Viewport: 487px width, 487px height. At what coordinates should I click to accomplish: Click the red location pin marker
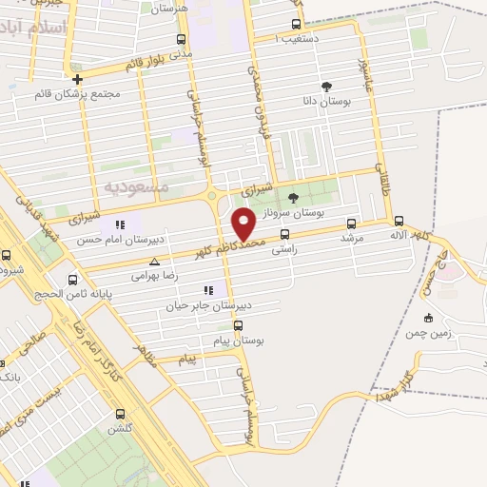pyautogui.click(x=243, y=223)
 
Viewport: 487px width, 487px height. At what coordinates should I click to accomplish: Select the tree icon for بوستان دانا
pyautogui.click(x=327, y=86)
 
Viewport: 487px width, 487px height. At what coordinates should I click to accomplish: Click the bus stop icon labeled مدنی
pyautogui.click(x=182, y=40)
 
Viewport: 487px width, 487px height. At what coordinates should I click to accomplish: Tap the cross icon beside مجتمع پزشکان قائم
pyautogui.click(x=77, y=79)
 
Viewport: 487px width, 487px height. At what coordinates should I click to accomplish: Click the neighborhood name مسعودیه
pyautogui.click(x=136, y=186)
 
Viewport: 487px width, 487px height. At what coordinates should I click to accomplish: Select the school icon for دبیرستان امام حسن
pyautogui.click(x=120, y=224)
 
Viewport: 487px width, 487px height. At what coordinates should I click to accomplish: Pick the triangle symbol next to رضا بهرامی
pyautogui.click(x=154, y=260)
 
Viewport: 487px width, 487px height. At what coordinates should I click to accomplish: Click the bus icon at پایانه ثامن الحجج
pyautogui.click(x=73, y=280)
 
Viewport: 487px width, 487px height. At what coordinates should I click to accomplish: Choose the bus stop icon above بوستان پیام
pyautogui.click(x=237, y=324)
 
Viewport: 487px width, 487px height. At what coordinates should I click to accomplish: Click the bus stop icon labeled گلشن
pyautogui.click(x=120, y=414)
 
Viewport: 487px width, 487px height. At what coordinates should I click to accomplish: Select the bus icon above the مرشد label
pyautogui.click(x=352, y=224)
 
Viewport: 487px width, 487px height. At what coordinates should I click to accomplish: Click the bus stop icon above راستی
pyautogui.click(x=284, y=234)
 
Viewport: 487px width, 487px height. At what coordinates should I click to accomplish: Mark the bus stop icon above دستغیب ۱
pyautogui.click(x=296, y=25)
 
